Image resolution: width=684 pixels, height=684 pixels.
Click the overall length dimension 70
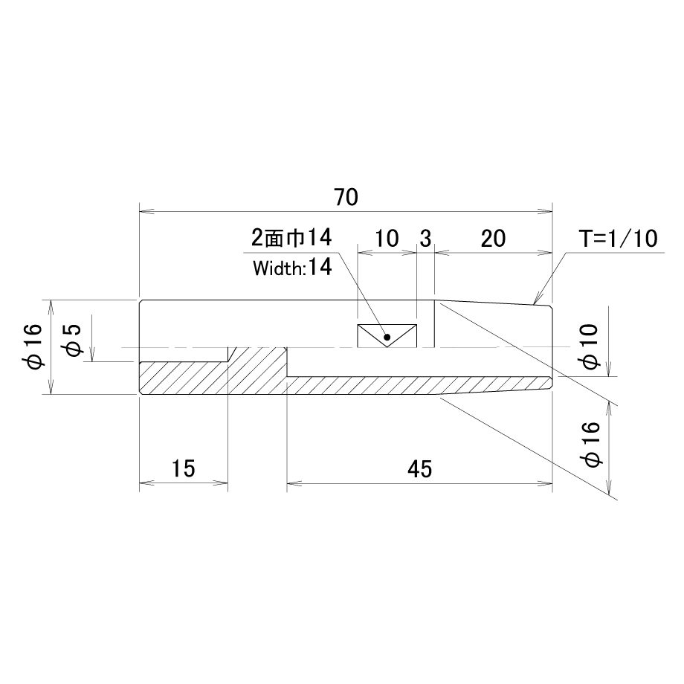346,197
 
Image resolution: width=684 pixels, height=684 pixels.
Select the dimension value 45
419,469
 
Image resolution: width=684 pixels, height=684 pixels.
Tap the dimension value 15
183,469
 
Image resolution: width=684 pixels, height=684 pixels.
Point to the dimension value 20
494,239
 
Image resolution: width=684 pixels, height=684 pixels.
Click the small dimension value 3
425,239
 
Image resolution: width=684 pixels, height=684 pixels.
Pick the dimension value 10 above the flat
387,239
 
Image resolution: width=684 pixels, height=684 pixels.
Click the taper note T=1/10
618,239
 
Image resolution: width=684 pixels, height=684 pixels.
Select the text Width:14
292,268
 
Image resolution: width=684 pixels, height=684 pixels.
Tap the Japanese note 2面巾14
291,238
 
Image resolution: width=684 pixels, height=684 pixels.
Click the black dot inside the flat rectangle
387,337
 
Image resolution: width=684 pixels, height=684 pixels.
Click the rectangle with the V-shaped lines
387,336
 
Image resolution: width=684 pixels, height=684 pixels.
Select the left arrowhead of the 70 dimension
146,212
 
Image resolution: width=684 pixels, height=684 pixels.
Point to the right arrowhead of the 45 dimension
545,483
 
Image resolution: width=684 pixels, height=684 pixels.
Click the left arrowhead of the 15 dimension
146,483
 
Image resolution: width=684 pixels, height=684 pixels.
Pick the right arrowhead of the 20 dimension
545,252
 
